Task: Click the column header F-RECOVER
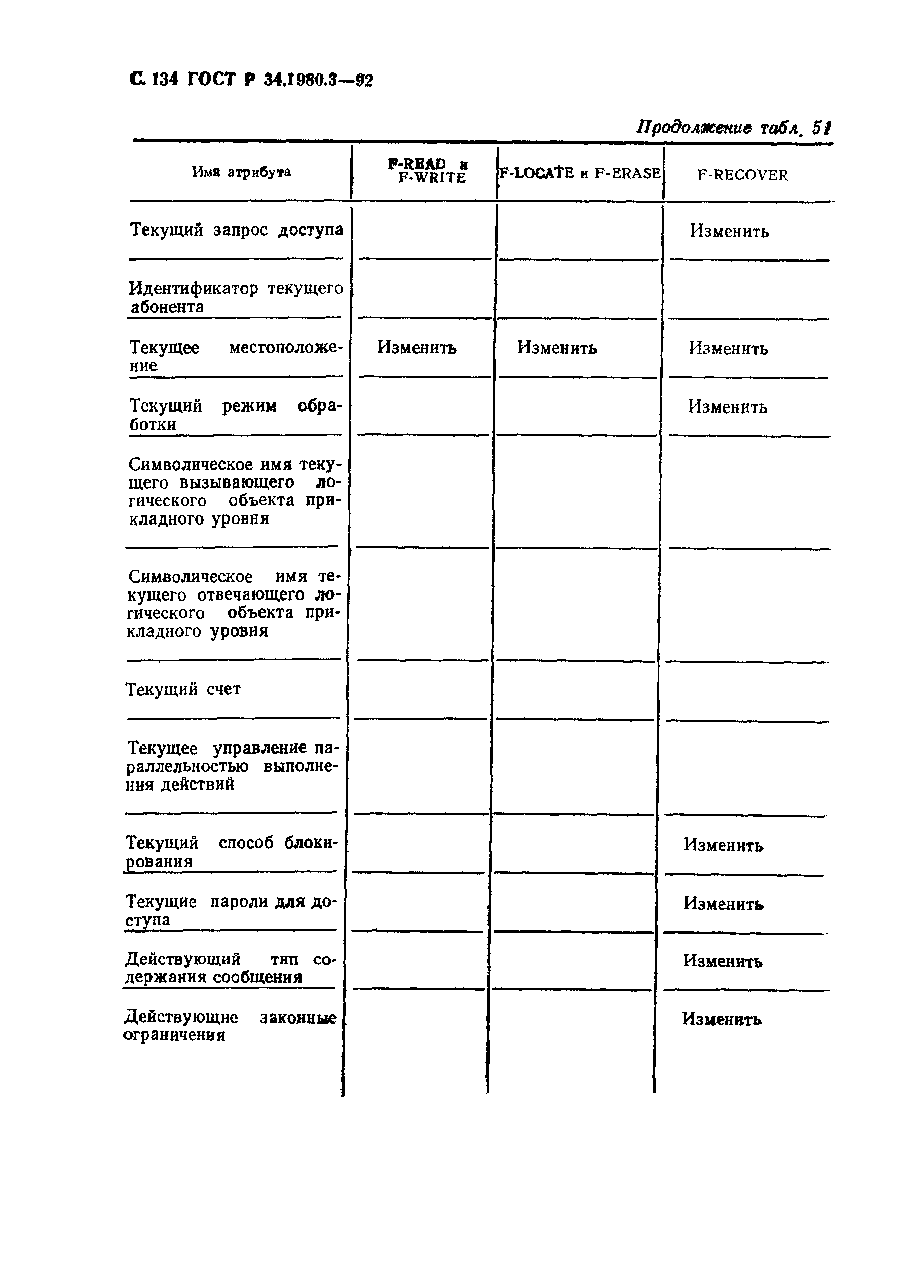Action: [742, 175]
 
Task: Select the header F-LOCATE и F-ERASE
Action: [580, 173]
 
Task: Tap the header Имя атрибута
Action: [241, 172]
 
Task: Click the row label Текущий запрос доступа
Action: [236, 230]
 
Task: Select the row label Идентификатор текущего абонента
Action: [236, 297]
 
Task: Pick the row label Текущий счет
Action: [183, 689]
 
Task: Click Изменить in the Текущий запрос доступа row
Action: [729, 231]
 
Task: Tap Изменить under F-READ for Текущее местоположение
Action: [416, 348]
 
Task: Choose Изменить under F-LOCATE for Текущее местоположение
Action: [557, 348]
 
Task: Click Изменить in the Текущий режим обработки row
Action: [728, 407]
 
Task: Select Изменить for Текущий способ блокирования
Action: [723, 845]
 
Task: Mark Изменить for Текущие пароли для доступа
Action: [723, 904]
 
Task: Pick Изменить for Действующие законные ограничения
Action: [721, 1019]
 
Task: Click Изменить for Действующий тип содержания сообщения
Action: [722, 961]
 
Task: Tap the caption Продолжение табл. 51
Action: [733, 128]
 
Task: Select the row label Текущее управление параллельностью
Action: [231, 766]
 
